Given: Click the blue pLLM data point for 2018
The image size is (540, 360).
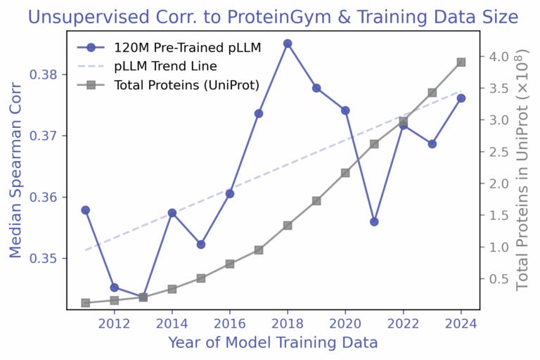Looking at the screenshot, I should [288, 44].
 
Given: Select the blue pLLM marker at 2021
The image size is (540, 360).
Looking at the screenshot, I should [374, 221].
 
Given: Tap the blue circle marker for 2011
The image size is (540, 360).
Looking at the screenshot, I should [85, 210].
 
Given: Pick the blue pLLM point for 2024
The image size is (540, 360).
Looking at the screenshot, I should [461, 98].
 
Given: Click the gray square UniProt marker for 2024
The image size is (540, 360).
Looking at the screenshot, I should [461, 63].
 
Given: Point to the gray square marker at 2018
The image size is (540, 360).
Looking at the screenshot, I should [288, 226].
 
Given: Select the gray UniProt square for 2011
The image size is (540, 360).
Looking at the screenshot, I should [85, 303].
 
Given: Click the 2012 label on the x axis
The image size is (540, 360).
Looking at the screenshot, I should [114, 323].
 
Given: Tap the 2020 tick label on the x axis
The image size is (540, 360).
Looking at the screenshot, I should [345, 323].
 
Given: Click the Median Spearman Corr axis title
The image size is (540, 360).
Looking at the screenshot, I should [15, 169].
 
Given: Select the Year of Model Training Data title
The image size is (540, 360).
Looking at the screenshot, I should [273, 343].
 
